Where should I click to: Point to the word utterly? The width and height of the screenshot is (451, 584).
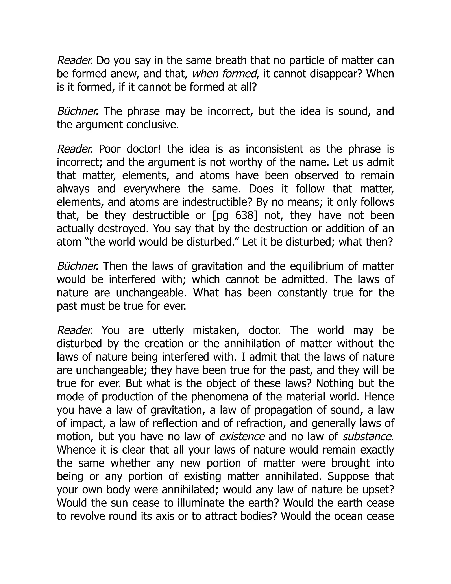168,331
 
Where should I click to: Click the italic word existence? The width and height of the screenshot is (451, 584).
242,437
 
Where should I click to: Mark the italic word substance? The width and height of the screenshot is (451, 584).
366,437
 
